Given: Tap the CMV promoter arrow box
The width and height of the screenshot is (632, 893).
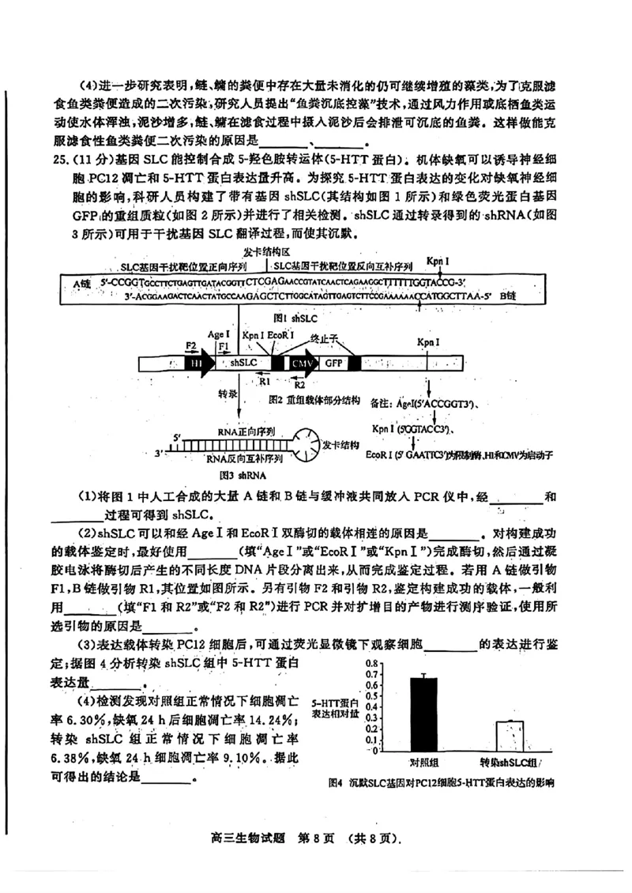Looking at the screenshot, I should [x=302, y=363].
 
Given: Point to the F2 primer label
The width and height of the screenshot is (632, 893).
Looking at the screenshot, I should [x=190, y=345].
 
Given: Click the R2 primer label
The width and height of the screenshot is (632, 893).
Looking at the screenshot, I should [x=299, y=386].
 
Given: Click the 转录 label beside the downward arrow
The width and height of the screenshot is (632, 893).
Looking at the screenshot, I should [x=228, y=393].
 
